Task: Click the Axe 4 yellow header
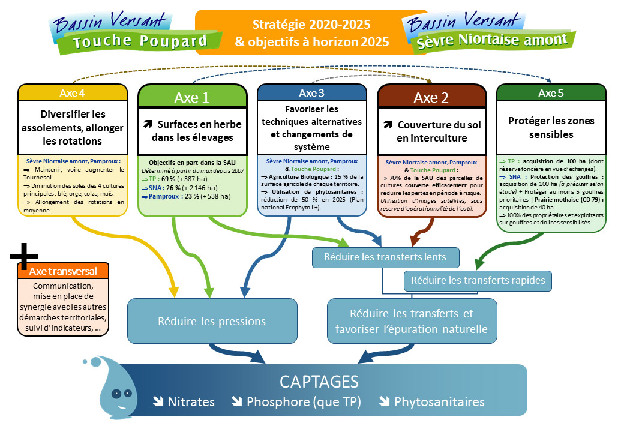coord(73,92)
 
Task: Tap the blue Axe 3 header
coord(311,92)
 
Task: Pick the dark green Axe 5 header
coord(551,93)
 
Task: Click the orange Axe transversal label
coord(63,271)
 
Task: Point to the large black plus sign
coord(25,257)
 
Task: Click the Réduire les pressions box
coord(212,322)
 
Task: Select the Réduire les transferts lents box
coord(385,257)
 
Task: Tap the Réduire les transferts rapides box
coord(478,280)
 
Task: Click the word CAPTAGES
coord(319,382)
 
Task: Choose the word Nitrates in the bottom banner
coord(191,402)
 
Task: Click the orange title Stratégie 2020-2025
coord(311,25)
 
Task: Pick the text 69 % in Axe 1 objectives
coord(167,179)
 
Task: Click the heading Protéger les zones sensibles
coord(551,127)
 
